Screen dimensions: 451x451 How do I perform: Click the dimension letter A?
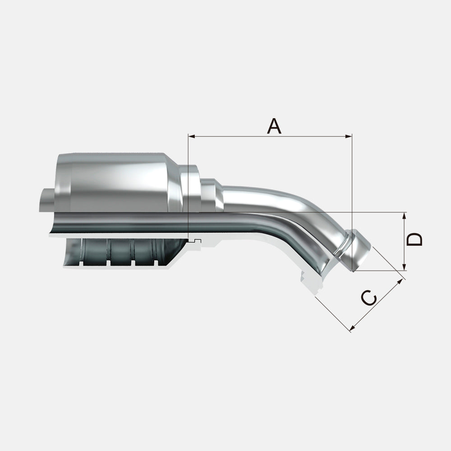(x=274, y=126)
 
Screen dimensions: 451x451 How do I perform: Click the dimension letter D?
(x=414, y=239)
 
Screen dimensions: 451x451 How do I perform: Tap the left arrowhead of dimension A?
(x=191, y=136)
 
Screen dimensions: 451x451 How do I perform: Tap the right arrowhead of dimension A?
(x=349, y=136)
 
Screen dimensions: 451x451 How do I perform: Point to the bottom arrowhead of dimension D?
(x=404, y=267)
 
